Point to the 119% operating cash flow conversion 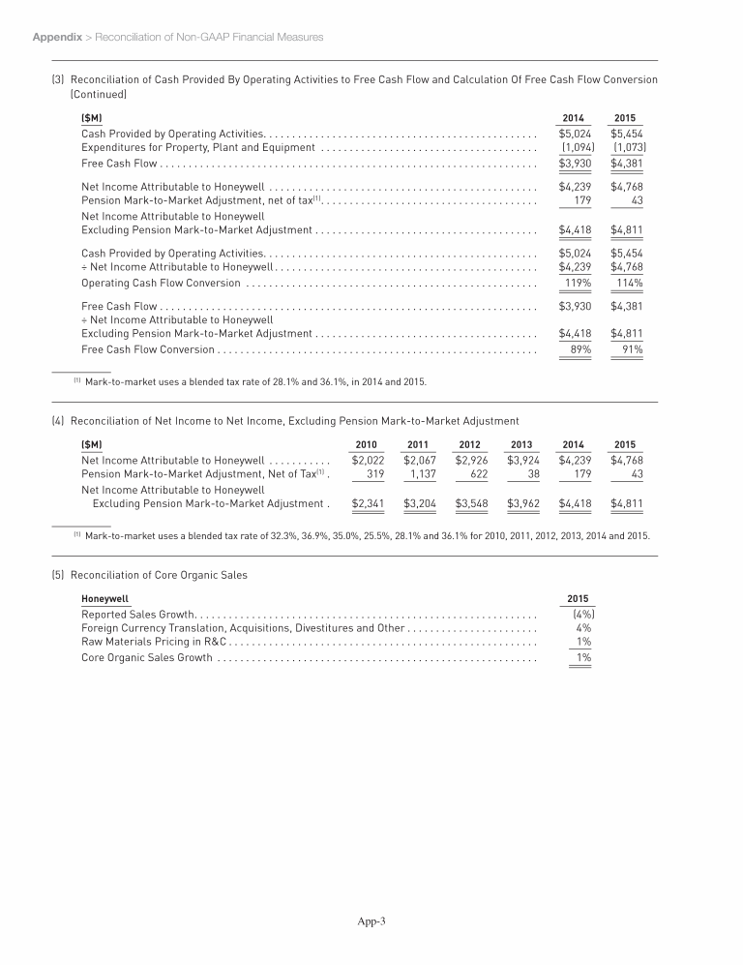pyautogui.click(x=579, y=283)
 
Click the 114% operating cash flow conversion pyautogui.click(x=630, y=283)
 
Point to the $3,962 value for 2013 pyautogui.click(x=523, y=503)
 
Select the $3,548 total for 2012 pyautogui.click(x=472, y=503)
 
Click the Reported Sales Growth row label pyautogui.click(x=138, y=614)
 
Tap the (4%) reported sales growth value pyautogui.click(x=583, y=614)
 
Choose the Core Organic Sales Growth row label pyautogui.click(x=146, y=658)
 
